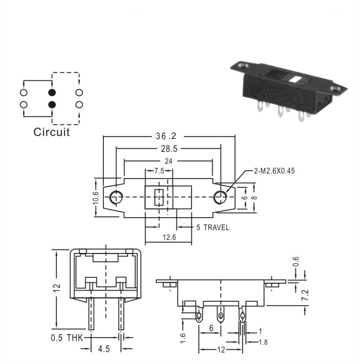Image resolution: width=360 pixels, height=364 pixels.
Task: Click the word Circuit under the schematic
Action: pyautogui.click(x=51, y=132)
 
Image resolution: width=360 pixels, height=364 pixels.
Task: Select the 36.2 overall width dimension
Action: pyautogui.click(x=166, y=136)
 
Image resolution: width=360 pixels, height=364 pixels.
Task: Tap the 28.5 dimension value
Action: pyautogui.click(x=169, y=149)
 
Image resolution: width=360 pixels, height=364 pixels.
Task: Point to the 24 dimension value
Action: pyautogui.click(x=168, y=161)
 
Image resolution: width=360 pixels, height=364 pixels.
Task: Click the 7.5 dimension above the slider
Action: pyautogui.click(x=159, y=171)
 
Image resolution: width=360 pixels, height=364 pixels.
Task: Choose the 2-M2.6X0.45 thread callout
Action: pyautogui.click(x=274, y=171)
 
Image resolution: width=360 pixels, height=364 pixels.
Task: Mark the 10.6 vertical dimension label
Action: pyautogui.click(x=96, y=198)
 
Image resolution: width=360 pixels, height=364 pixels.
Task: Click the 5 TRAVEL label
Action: pyautogui.click(x=213, y=227)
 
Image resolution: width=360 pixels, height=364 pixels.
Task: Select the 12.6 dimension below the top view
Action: pyautogui.click(x=169, y=237)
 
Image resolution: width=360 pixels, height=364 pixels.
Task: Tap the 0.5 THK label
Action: pyautogui.click(x=67, y=338)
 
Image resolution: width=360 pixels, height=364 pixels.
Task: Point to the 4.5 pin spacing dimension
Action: pyautogui.click(x=104, y=349)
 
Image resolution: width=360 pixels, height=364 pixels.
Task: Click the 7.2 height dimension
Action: pyautogui.click(x=305, y=295)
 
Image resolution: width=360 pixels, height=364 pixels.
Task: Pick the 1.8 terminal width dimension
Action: pyautogui.click(x=263, y=342)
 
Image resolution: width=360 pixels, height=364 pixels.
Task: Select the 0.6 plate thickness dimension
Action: pyautogui.click(x=296, y=261)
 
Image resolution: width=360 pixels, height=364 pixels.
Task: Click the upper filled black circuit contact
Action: pyautogui.click(x=52, y=92)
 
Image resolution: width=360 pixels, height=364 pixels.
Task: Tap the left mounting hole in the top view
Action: pyautogui.click(x=116, y=197)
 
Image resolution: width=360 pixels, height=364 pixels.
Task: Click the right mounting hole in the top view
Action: pyautogui.click(x=220, y=197)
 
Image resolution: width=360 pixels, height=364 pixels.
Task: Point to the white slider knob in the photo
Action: pyautogui.click(x=295, y=80)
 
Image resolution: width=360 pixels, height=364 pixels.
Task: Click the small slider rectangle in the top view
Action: pyautogui.click(x=159, y=197)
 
